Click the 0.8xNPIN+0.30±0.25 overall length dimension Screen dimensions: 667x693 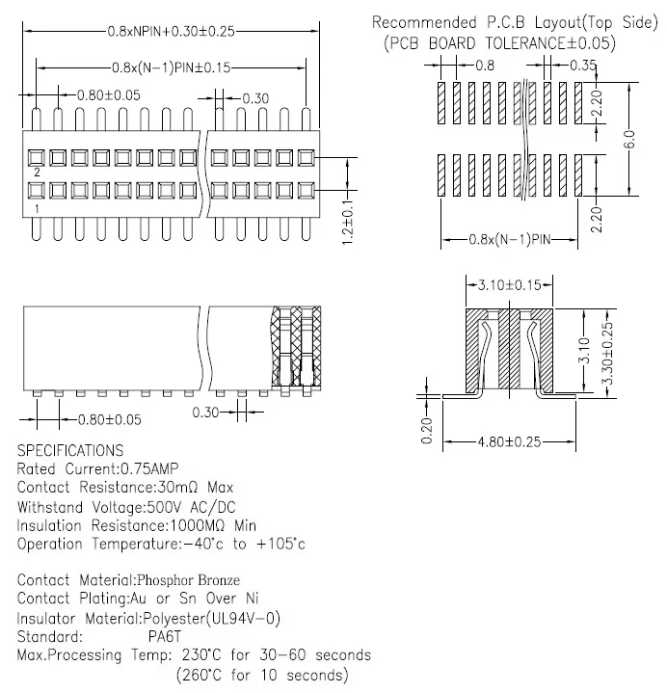(171, 32)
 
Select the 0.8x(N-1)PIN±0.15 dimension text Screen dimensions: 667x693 (171, 67)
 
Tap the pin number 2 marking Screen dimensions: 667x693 (38, 173)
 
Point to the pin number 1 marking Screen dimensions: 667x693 (38, 208)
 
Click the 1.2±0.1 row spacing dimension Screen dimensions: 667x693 (348, 223)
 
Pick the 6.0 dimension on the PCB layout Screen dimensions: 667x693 (630, 139)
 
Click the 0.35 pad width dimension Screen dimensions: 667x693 (583, 66)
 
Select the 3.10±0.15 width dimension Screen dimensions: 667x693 (509, 284)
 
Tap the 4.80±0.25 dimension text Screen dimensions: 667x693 (509, 441)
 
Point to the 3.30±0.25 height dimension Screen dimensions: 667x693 (608, 353)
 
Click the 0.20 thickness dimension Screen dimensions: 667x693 (427, 431)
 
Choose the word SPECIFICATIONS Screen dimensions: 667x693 (70, 450)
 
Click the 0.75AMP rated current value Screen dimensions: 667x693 (149, 468)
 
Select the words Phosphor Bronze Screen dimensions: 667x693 (189, 580)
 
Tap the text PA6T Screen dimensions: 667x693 (165, 636)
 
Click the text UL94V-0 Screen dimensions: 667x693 (243, 618)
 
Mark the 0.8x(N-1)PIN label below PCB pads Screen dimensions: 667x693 (510, 240)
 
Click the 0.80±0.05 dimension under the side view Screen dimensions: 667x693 (110, 419)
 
